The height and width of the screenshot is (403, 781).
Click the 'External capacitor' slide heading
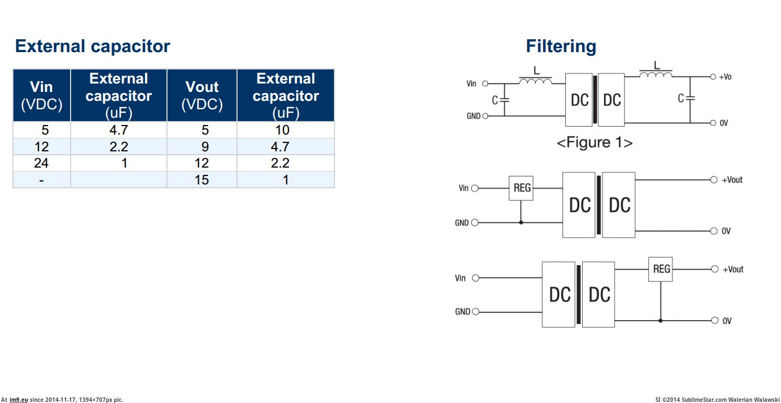[x=92, y=46]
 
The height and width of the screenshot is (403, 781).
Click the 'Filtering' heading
[x=561, y=46]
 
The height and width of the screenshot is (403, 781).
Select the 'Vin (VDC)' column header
[x=41, y=95]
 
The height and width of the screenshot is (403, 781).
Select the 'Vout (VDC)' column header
[x=202, y=95]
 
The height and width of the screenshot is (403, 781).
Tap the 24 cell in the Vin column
[x=41, y=163]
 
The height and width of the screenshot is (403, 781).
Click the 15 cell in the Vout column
[x=202, y=180]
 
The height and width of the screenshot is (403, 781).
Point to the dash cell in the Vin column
[x=41, y=180]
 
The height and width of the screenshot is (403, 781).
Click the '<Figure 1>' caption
[x=594, y=142]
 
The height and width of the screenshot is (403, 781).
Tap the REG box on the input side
[x=521, y=189]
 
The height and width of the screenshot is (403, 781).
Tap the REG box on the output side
[x=661, y=270]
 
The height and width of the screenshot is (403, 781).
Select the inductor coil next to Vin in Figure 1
[x=536, y=82]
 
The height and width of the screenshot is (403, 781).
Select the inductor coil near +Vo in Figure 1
[x=656, y=75]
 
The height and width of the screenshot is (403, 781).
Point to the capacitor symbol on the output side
[x=690, y=98]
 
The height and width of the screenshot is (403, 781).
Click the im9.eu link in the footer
[x=18, y=400]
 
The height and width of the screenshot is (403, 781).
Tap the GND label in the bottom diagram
[x=463, y=312]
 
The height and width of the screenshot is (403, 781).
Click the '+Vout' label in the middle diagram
[x=732, y=180]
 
